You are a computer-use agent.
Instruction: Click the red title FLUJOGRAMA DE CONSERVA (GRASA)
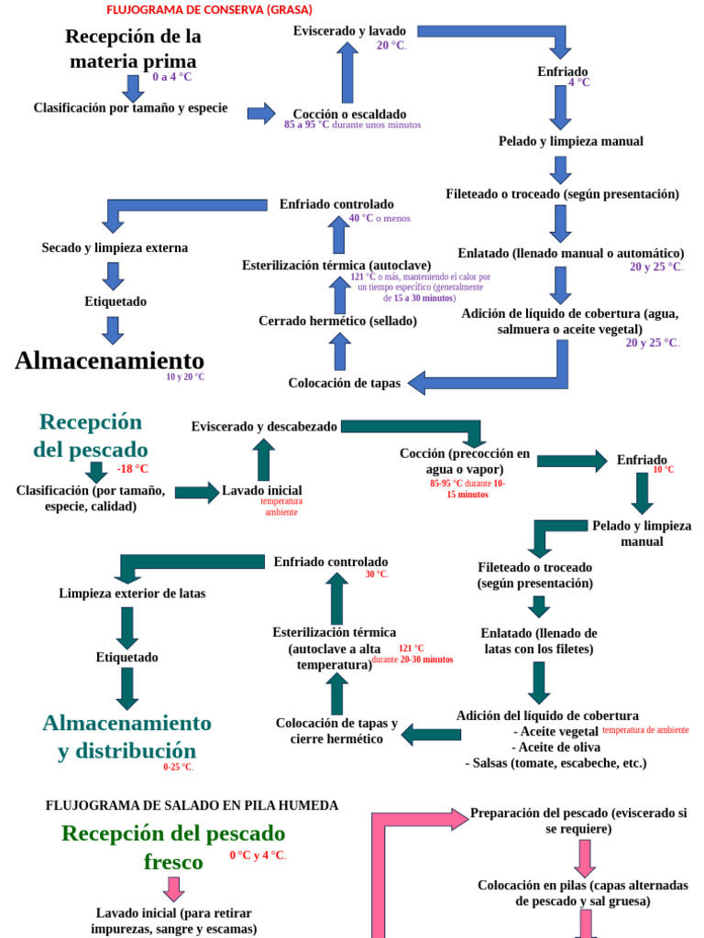(209, 10)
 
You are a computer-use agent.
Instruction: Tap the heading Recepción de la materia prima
(133, 49)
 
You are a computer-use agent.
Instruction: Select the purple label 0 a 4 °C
(172, 77)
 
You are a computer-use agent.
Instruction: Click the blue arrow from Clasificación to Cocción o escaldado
(261, 113)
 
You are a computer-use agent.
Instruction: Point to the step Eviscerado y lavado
(349, 31)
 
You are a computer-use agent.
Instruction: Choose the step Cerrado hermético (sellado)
(337, 321)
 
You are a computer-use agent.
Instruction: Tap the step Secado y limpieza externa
(115, 247)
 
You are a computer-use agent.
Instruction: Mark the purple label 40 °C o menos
(379, 218)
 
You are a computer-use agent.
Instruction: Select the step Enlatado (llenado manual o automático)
(571, 253)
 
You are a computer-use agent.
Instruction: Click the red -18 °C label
(133, 469)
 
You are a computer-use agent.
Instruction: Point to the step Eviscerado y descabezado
(264, 426)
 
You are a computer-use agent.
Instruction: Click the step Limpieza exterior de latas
(132, 593)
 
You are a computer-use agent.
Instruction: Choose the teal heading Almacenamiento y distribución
(126, 737)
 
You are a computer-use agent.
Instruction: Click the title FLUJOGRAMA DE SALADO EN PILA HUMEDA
(192, 805)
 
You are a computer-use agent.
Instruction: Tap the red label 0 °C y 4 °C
(258, 856)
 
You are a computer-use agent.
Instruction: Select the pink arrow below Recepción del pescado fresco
(173, 889)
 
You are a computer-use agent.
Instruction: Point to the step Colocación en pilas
(582, 893)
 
